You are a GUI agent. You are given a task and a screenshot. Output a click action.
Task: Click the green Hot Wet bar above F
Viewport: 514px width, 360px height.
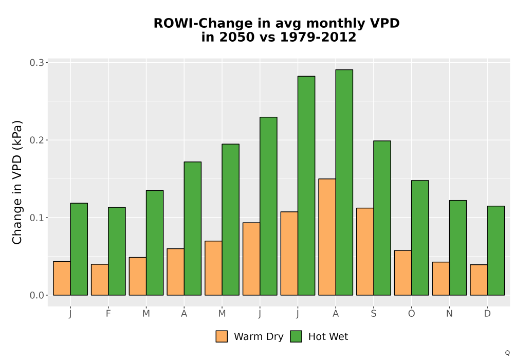117,251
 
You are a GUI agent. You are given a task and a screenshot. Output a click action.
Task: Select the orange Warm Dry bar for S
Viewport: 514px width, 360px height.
365,251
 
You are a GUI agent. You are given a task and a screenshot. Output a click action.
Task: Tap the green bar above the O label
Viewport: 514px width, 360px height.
420,238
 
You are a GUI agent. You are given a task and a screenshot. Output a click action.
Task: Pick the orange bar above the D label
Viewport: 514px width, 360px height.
479,280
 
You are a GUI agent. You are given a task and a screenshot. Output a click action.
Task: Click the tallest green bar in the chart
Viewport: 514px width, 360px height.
344,182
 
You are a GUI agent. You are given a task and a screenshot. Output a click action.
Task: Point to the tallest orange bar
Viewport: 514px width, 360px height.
327,237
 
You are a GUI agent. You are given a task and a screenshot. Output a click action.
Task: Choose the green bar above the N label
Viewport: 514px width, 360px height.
458,248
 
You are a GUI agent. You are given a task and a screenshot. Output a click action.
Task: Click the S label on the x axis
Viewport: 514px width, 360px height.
373,314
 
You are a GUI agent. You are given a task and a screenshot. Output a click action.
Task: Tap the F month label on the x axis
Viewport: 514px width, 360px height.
108,314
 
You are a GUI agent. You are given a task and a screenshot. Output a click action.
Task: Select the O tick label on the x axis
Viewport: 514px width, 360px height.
411,314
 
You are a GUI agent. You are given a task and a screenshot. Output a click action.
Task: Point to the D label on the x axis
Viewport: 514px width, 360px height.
487,314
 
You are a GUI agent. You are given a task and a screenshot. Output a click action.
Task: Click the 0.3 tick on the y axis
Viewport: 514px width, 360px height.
36,63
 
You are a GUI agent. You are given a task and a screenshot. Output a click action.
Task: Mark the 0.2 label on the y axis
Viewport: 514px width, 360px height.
36,140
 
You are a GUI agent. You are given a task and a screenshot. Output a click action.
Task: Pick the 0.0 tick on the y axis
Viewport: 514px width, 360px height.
36,295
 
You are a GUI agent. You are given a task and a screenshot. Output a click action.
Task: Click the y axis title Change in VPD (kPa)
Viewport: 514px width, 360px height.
17,183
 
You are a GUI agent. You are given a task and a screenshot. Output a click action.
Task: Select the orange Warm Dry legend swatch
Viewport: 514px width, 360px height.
222,336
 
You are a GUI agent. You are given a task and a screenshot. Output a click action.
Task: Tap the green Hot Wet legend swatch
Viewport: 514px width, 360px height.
296,336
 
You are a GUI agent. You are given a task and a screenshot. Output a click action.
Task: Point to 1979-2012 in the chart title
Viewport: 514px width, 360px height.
318,37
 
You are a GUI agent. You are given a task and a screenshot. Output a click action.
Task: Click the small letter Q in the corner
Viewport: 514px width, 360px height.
507,353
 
